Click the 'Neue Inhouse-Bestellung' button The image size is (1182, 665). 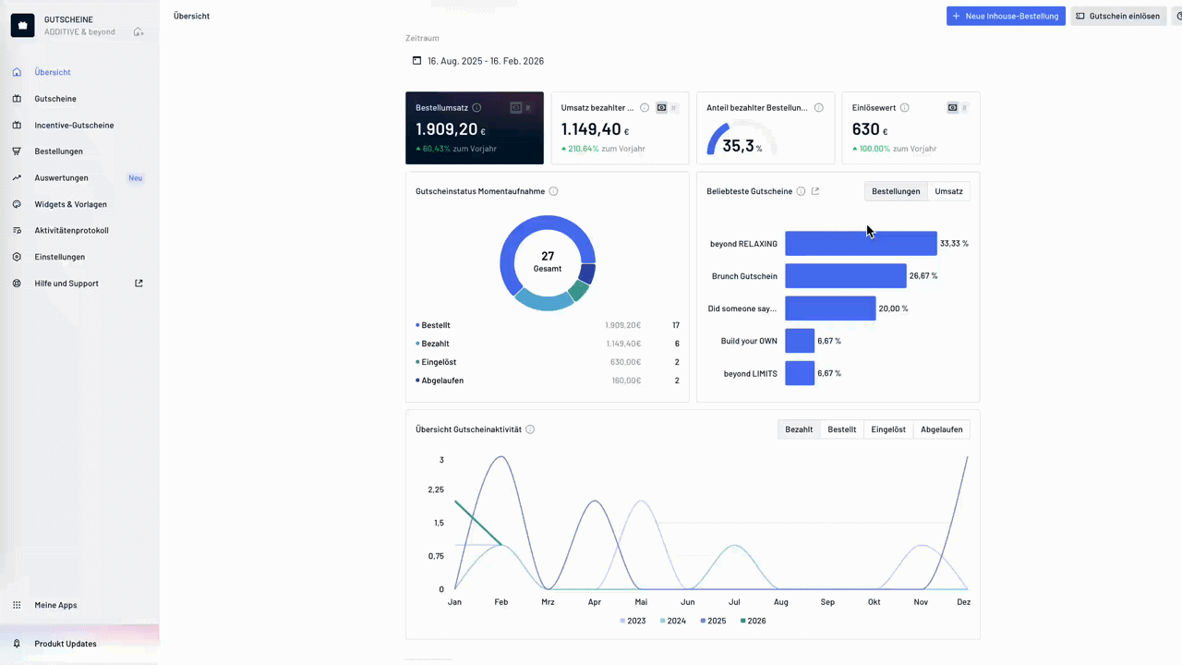(x=1006, y=16)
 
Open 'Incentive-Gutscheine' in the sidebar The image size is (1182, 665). (x=74, y=125)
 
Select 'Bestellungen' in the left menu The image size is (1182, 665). (x=58, y=151)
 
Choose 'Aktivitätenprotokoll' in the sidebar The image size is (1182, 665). (x=71, y=230)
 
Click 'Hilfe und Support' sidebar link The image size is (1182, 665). (x=66, y=284)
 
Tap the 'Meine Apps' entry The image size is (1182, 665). (x=55, y=605)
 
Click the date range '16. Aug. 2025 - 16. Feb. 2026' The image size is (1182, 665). (x=485, y=61)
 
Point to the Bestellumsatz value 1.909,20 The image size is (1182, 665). (x=446, y=130)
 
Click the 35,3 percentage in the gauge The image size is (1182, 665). (x=738, y=146)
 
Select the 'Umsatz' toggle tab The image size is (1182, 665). (x=948, y=191)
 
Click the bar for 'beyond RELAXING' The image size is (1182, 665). (x=861, y=244)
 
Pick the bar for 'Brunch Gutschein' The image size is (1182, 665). (x=845, y=276)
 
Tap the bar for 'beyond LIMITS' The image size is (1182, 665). (x=800, y=373)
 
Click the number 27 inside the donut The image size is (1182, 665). (x=548, y=256)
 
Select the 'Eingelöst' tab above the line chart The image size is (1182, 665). (x=888, y=429)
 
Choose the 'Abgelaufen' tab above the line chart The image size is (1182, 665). (x=941, y=429)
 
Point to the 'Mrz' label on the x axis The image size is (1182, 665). (x=548, y=602)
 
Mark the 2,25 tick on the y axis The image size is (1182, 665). (x=435, y=490)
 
